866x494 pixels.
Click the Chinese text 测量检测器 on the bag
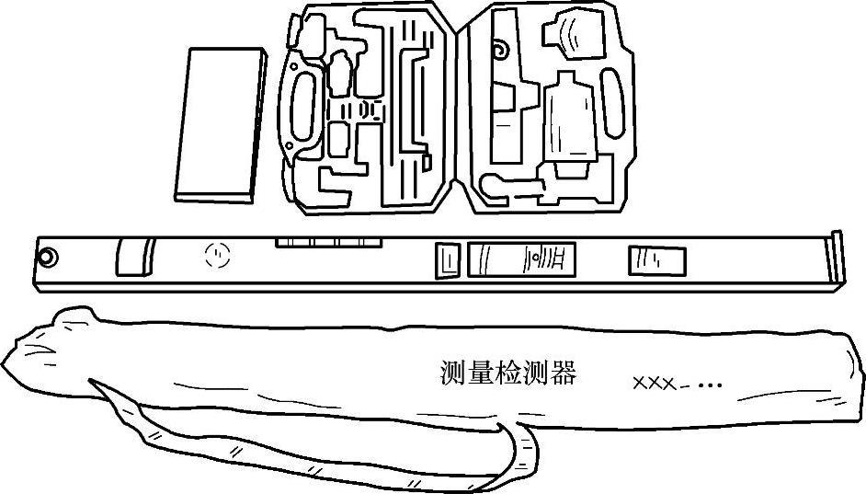(x=507, y=373)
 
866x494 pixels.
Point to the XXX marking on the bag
(x=654, y=383)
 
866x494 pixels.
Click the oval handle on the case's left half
(x=303, y=108)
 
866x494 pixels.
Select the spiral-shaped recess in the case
(x=500, y=47)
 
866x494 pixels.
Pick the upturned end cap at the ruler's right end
(x=835, y=260)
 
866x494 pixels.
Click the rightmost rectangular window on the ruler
(x=656, y=260)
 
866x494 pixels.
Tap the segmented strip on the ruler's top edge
(x=325, y=243)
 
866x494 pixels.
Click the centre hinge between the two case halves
(x=459, y=110)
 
